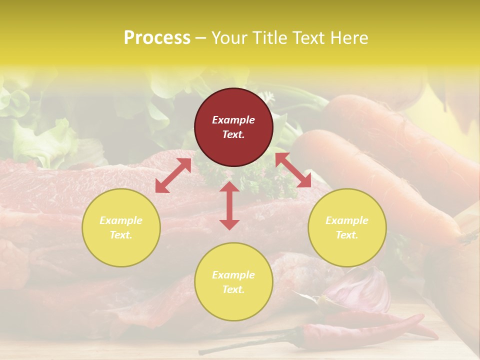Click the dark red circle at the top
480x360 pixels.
click(x=233, y=127)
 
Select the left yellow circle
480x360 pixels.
click(x=121, y=227)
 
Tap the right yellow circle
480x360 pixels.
click(x=347, y=227)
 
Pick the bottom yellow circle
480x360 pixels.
click(x=233, y=282)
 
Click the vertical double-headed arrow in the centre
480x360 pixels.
click(x=229, y=205)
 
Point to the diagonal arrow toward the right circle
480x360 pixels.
click(x=293, y=170)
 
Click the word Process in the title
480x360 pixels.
click(x=157, y=37)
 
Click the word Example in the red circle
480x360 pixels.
click(x=233, y=120)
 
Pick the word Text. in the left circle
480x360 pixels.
click(x=121, y=235)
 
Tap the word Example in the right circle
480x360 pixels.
click(x=347, y=220)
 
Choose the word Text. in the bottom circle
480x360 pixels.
click(x=233, y=289)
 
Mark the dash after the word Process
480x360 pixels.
click(x=201, y=38)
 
